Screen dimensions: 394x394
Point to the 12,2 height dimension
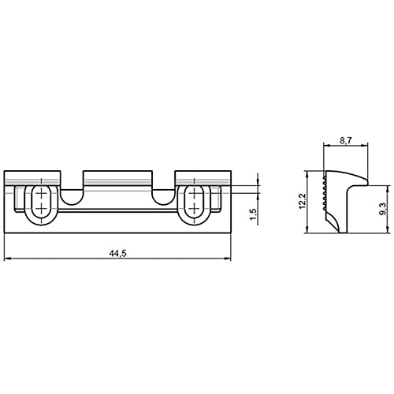(303, 202)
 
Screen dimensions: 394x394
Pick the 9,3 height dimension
(381, 209)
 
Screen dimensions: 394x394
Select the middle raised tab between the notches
(117, 177)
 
